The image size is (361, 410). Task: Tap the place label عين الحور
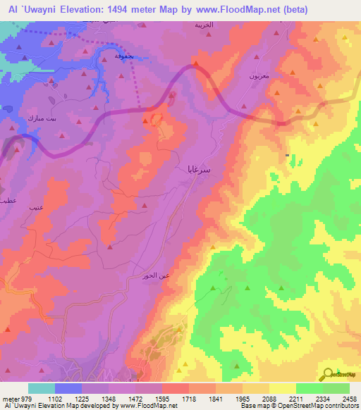click(155, 275)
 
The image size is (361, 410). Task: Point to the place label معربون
click(258, 74)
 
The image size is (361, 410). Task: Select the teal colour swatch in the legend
click(42, 388)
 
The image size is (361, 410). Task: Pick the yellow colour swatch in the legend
click(282, 388)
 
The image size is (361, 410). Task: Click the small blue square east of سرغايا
click(287, 155)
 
